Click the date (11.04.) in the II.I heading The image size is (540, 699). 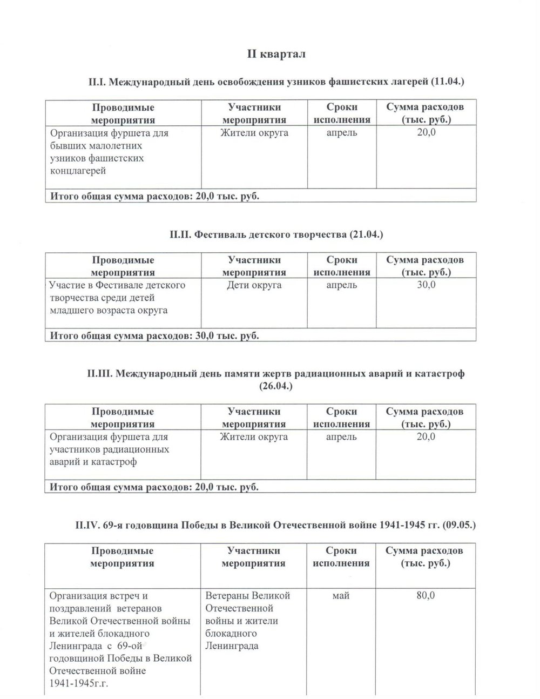[x=448, y=82]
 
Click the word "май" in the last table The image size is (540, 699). [x=341, y=595]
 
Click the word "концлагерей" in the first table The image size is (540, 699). [x=77, y=171]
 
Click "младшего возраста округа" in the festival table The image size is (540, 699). [x=108, y=310]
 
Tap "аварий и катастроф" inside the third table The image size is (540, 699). [x=93, y=462]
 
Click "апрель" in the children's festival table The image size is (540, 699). [x=341, y=285]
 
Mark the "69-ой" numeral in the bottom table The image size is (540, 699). [x=130, y=646]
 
